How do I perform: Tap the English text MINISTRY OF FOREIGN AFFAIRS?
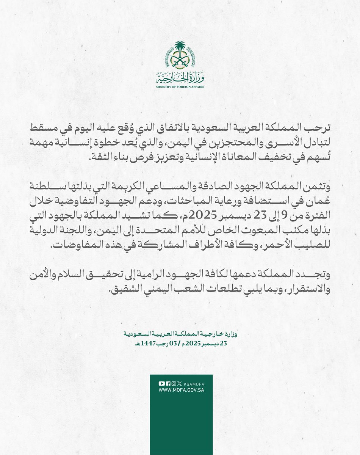(180, 87)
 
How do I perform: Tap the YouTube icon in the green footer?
(162, 383)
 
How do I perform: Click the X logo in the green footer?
(180, 383)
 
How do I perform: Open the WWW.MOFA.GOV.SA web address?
(181, 390)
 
